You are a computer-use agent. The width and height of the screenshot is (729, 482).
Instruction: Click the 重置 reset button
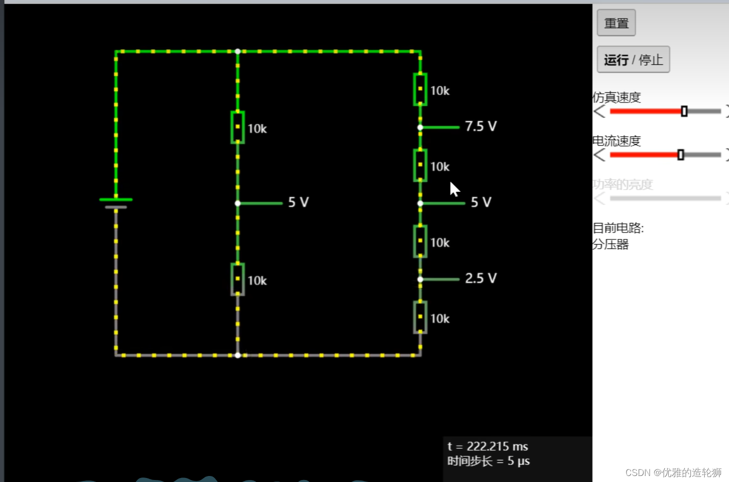616,23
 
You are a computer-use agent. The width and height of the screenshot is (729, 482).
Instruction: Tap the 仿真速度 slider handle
684,111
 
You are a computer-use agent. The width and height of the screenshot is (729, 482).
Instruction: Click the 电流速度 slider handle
680,155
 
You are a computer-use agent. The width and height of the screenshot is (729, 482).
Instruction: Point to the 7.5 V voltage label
480,127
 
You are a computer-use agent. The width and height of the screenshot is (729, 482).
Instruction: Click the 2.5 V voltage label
480,279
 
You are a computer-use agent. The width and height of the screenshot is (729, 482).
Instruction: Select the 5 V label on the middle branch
298,202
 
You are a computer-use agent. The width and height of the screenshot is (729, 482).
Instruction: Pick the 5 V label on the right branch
481,202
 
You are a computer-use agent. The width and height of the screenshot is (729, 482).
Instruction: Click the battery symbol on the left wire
116,203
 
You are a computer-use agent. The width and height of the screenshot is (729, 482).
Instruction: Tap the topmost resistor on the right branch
420,89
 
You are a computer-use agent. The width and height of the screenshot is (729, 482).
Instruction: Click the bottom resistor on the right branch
420,317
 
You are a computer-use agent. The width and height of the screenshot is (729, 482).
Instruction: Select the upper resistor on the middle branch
238,128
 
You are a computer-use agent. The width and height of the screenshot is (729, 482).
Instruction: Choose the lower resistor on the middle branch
238,279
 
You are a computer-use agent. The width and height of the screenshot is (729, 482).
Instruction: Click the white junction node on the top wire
238,51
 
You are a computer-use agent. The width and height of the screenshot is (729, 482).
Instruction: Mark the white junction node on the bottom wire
238,355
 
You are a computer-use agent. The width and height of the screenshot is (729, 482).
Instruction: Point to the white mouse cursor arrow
454,189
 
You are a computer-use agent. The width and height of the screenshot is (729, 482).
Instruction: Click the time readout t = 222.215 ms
487,446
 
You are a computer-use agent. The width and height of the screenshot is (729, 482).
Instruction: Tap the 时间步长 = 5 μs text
488,461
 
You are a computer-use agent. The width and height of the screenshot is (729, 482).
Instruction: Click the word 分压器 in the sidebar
610,245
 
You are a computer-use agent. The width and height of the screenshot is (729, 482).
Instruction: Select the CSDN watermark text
673,472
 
